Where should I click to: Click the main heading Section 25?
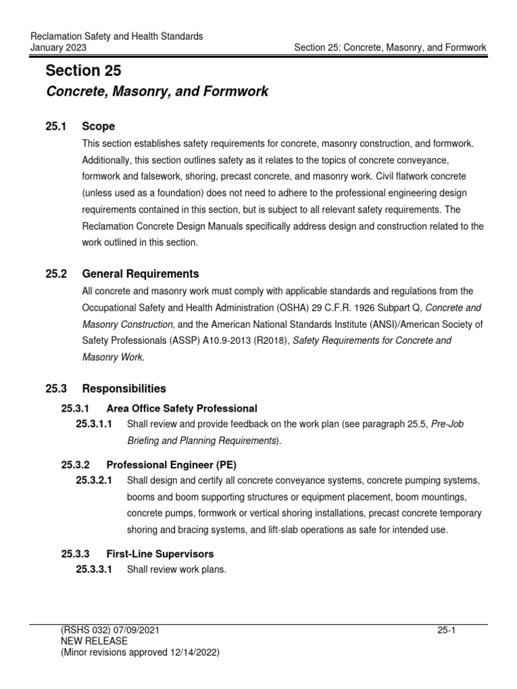[x=83, y=71]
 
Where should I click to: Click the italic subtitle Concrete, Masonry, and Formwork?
[x=156, y=92]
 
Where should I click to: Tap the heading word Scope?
[x=98, y=126]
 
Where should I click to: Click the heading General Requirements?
[x=140, y=274]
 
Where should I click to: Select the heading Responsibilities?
[x=124, y=389]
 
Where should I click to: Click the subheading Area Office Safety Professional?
[x=182, y=408]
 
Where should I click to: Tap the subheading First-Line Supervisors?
[x=160, y=554]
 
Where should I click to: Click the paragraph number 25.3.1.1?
[x=94, y=424]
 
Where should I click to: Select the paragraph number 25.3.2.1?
[x=94, y=481]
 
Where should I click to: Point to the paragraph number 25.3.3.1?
[x=94, y=570]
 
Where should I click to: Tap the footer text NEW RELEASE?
[x=94, y=641]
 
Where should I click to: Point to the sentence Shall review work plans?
[x=177, y=570]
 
